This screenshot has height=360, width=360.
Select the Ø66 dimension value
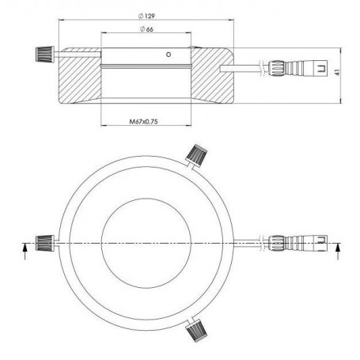pyautogui.click(x=148, y=30)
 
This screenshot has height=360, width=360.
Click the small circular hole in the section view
pyautogui.click(x=168, y=55)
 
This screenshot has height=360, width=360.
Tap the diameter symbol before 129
pyautogui.click(x=139, y=17)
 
